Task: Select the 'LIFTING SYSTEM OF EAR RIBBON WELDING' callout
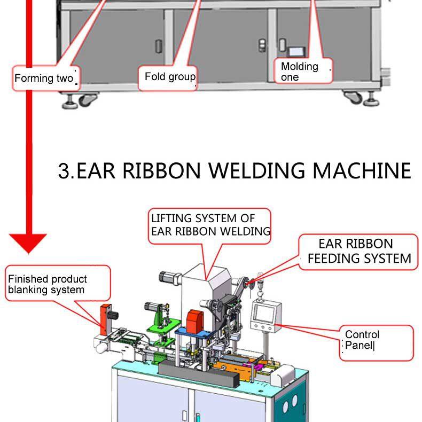tap(209, 225)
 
